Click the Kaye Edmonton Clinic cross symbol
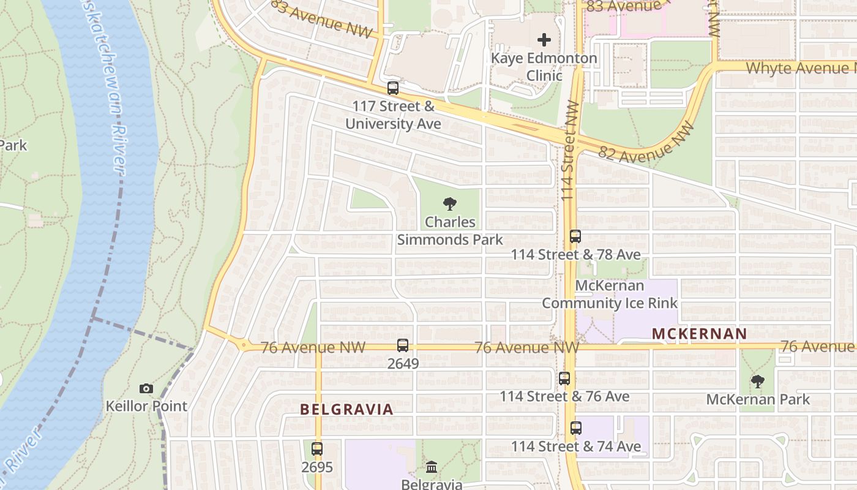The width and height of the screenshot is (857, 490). [544, 40]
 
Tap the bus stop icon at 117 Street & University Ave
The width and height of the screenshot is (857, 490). [393, 88]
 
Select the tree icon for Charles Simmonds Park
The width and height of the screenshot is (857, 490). [451, 204]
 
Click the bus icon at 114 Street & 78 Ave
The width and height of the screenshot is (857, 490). [575, 236]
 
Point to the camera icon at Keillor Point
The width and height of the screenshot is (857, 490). [146, 388]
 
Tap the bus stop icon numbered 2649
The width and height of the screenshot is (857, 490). [402, 345]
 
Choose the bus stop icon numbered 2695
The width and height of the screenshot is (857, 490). [317, 449]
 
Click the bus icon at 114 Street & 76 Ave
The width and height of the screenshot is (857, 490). [564, 379]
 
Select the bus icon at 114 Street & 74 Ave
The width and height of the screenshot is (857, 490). [576, 428]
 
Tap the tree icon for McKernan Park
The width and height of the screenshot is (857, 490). [758, 382]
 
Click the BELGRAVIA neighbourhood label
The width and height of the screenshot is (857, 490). [346, 410]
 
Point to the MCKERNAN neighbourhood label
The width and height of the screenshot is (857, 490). [699, 334]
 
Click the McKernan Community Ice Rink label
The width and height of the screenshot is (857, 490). [610, 295]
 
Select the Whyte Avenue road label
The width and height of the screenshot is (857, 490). [801, 68]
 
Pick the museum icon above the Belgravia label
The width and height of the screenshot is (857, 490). [432, 467]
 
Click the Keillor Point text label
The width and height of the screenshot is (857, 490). [146, 406]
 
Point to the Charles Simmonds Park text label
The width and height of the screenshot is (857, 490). [450, 230]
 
